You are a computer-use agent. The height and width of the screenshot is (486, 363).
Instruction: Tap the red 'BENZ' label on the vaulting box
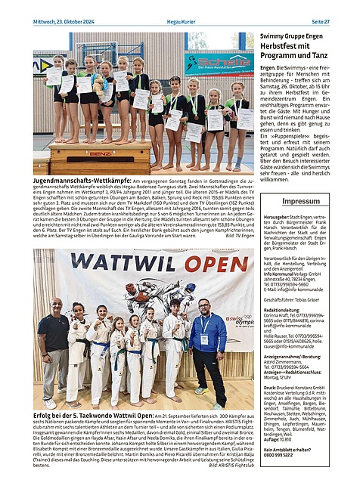pos(101,153)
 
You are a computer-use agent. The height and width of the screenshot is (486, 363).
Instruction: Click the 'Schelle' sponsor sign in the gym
pos(219,63)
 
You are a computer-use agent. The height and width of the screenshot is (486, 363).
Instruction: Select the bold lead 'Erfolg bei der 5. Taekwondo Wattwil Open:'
pos(94,415)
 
